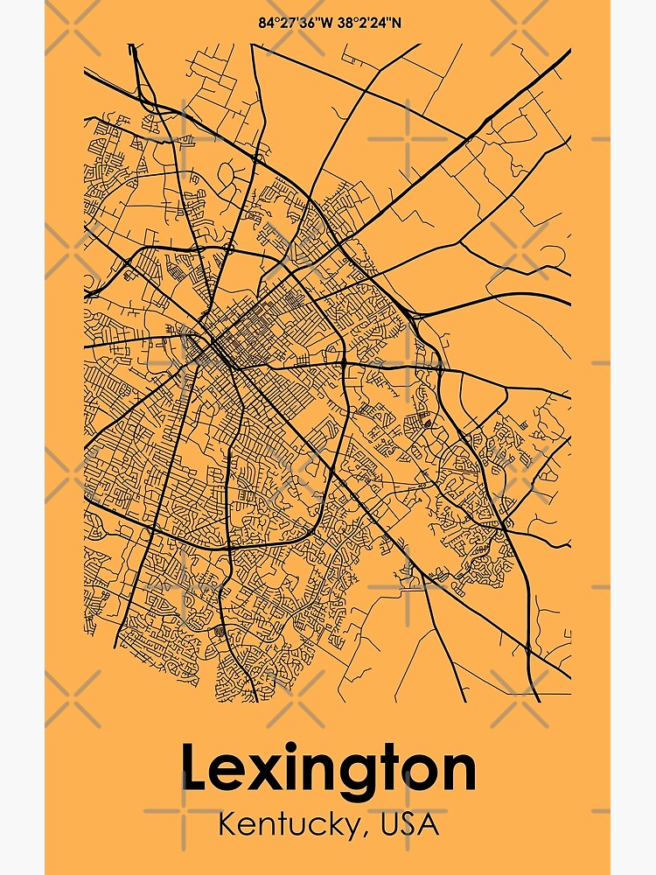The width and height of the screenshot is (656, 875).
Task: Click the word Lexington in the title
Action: (x=328, y=770)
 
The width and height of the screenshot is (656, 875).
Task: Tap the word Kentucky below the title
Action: (x=283, y=824)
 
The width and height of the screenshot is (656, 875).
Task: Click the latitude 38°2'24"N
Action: (x=366, y=22)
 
